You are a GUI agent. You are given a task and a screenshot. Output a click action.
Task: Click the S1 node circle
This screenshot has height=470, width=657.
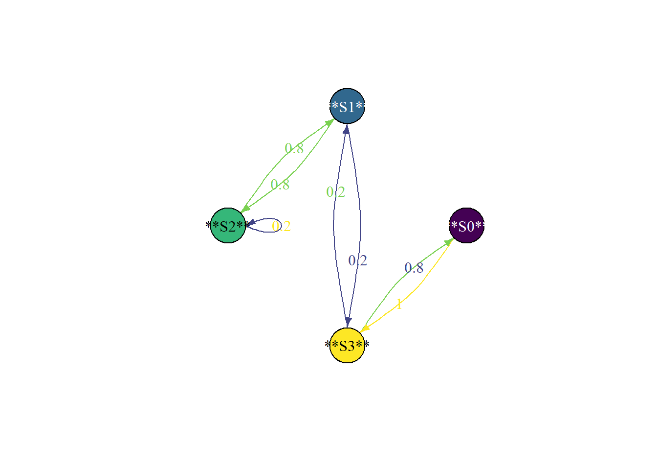347,106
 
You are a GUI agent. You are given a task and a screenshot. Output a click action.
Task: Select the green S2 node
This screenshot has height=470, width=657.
228,226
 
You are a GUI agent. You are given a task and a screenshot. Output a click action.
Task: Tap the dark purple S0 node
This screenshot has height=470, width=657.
466,226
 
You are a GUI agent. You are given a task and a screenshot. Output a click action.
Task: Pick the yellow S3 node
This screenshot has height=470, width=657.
347,346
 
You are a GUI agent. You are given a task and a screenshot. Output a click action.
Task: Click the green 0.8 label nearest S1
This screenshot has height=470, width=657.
294,148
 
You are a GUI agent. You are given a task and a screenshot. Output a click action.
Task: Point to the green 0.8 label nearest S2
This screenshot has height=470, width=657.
280,185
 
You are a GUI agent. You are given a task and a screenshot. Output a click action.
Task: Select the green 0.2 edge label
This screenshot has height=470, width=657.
336,192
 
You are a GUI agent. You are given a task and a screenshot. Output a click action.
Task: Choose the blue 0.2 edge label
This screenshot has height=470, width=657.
358,260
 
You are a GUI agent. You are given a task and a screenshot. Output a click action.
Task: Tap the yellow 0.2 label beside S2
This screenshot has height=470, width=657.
282,226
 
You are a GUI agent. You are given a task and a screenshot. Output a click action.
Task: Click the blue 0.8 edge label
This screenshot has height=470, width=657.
414,268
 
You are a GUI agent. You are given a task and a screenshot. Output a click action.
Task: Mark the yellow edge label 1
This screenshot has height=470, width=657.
399,305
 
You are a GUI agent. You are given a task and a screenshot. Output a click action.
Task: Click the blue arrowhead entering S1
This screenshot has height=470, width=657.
347,129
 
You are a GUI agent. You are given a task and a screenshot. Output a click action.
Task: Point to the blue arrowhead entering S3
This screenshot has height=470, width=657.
348,322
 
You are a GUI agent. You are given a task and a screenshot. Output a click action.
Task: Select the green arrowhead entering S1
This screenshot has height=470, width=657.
329,122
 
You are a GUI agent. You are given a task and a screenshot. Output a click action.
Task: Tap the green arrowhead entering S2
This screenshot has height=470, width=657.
245,209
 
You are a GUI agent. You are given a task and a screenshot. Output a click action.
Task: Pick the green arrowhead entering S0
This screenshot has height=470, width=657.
449,241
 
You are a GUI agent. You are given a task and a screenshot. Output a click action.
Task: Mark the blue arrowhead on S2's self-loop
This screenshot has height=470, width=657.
251,223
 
